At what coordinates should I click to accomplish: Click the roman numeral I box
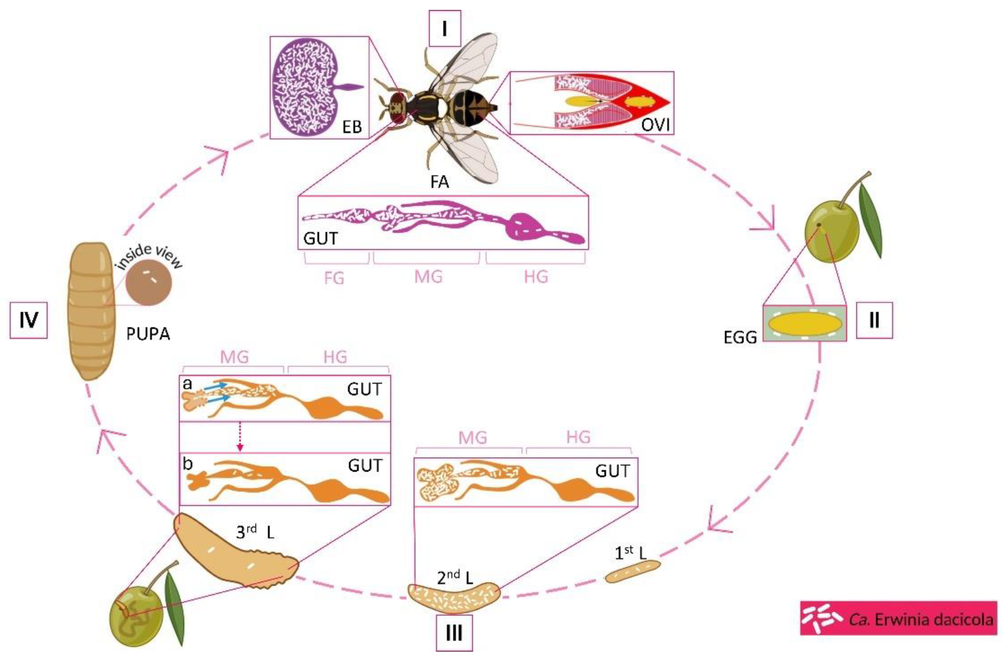pos(444,29)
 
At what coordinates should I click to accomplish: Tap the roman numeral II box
pos(874,320)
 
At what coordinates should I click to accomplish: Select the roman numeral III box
pos(454,633)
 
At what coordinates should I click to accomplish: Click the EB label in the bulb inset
pos(352,126)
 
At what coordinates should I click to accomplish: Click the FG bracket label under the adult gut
pos(334,278)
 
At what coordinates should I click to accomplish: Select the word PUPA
pos(148,334)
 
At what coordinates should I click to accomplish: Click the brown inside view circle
pos(148,283)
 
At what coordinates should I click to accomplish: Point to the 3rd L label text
pos(255,533)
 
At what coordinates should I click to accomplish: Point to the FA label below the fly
pos(440,182)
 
